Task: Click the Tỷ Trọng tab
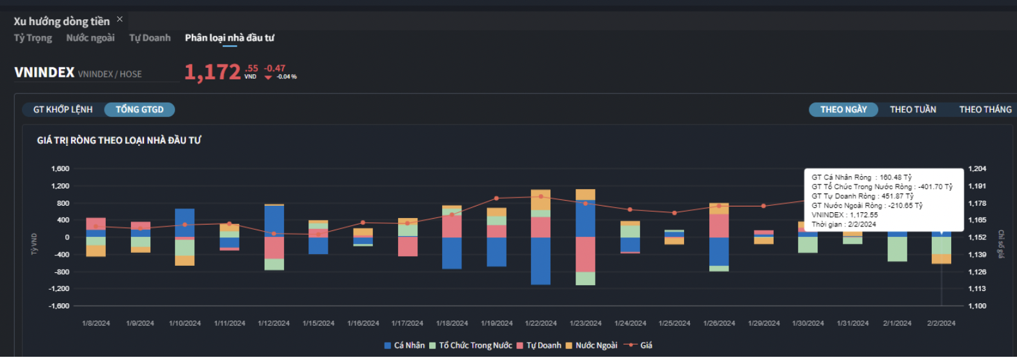coord(33,38)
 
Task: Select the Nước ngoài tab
coord(90,38)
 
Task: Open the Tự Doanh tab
coord(150,38)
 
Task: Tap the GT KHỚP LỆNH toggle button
coord(63,110)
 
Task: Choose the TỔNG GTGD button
coord(139,110)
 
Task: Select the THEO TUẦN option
coord(912,110)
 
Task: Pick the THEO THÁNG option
coord(985,110)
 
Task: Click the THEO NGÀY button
coord(843,110)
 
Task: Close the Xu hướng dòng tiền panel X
coord(119,19)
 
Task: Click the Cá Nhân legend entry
coord(405,346)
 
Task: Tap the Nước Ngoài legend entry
coord(591,346)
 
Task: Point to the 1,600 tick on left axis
coord(60,169)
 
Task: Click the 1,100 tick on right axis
coord(977,306)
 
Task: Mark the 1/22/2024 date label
coord(541,323)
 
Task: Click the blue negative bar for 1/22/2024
coord(541,261)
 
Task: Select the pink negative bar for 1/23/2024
coord(585,254)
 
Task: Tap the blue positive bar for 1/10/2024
coord(185,222)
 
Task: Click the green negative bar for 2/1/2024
coord(897,249)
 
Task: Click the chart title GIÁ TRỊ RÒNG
coord(119,141)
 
